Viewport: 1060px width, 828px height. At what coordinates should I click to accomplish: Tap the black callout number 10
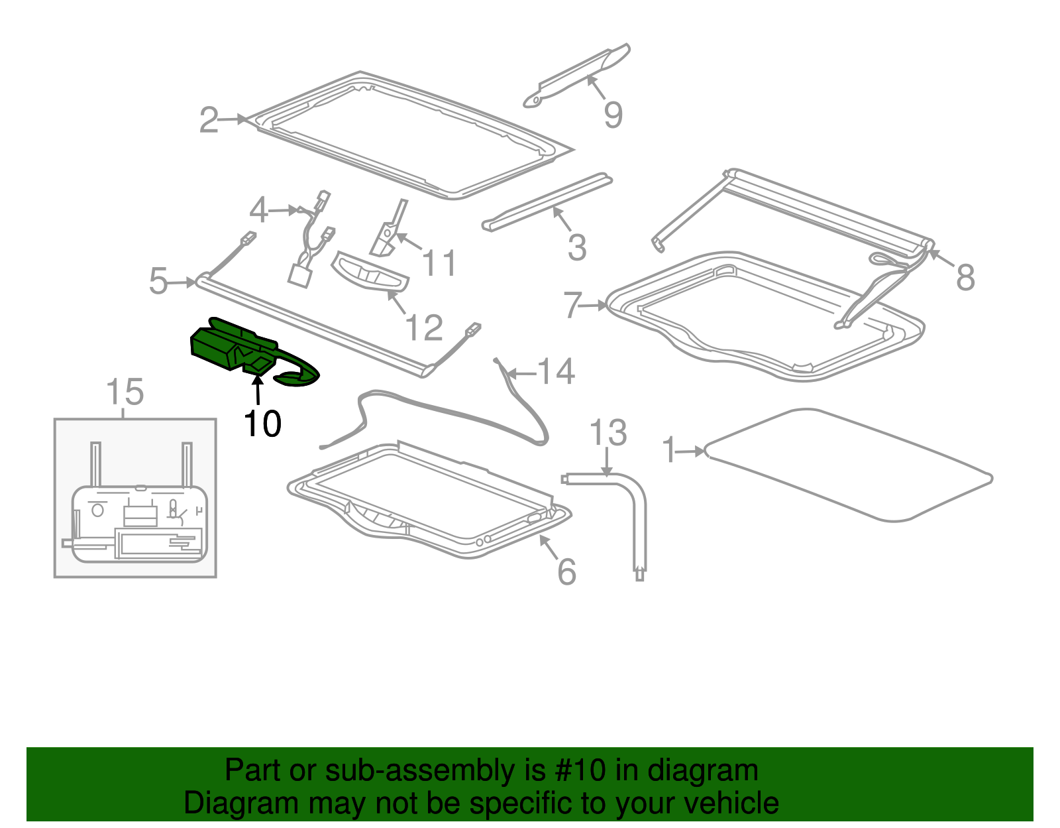coord(262,424)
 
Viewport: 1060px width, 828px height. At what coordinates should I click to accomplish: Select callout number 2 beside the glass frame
coord(209,120)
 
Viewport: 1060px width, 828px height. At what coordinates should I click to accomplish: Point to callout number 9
coord(613,115)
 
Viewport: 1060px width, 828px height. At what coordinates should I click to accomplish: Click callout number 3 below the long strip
coord(577,247)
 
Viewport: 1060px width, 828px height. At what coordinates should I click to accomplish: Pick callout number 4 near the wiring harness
coord(258,209)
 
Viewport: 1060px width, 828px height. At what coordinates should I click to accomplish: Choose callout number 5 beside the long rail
coord(158,281)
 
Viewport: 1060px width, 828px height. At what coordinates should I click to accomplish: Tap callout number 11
coord(439,263)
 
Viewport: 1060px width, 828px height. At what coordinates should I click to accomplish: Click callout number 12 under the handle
coord(424,327)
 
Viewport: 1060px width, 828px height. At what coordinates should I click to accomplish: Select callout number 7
coord(572,305)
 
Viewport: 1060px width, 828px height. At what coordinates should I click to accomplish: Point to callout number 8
coord(965,278)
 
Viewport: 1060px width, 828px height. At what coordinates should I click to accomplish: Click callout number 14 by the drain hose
coord(556,371)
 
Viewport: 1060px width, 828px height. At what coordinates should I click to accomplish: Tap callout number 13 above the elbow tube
coord(608,432)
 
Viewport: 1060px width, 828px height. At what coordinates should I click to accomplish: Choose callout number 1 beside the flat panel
coord(668,450)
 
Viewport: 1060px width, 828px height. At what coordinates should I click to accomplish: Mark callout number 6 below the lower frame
coord(566,571)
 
